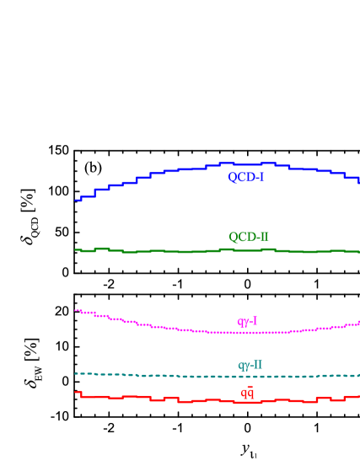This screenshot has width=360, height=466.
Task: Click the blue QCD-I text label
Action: [246, 177]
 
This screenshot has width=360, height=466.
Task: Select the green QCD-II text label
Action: [249, 237]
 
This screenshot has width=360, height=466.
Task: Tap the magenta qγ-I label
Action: [247, 321]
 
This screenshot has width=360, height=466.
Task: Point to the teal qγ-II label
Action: [250, 365]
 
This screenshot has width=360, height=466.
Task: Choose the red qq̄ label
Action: [247, 392]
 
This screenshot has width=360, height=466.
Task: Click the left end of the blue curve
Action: [76, 200]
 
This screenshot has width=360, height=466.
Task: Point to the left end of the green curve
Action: [76, 249]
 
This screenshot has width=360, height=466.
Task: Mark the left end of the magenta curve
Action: [76, 310]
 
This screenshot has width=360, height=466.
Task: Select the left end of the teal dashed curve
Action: [76, 373]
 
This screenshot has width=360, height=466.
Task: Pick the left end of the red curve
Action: [76, 392]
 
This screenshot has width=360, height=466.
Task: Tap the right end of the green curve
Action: [358, 251]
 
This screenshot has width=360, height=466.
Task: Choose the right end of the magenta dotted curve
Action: [358, 323]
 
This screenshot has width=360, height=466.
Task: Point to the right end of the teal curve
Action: [358, 375]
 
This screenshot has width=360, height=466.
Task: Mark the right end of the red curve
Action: [358, 396]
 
